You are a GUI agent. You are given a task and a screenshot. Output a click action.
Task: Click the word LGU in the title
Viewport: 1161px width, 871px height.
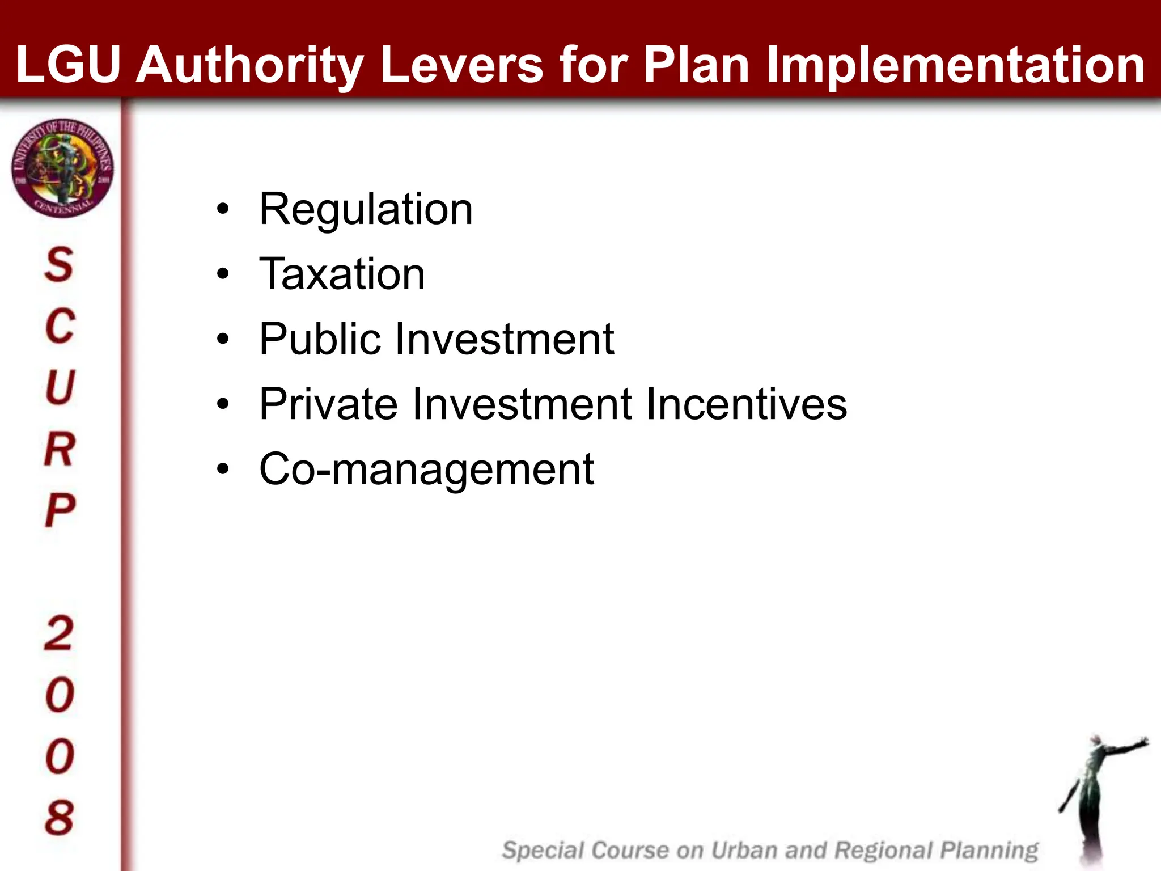(x=69, y=65)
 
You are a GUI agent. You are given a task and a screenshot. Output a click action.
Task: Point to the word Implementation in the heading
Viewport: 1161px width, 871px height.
(x=955, y=66)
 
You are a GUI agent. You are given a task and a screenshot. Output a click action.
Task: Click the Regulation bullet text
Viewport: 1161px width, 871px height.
(x=366, y=209)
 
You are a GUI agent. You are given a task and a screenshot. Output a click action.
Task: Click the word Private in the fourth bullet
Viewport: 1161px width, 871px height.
(x=329, y=404)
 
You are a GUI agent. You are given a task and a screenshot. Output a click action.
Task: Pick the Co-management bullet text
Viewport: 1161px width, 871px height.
(x=426, y=470)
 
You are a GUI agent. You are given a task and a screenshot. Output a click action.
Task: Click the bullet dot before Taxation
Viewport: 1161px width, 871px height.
(x=223, y=274)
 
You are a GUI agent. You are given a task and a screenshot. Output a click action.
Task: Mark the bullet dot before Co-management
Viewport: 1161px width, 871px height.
(x=223, y=470)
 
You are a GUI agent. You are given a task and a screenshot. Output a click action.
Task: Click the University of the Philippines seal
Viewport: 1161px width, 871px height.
(x=62, y=168)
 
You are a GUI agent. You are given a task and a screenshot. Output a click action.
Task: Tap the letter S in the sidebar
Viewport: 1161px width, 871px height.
(x=59, y=264)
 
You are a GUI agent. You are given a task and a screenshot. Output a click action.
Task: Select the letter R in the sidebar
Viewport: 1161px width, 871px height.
(x=59, y=449)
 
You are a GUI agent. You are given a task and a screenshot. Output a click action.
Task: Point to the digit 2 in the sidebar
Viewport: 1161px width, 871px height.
(x=59, y=633)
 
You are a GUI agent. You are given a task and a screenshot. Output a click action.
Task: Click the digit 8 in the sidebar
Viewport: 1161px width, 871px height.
(x=59, y=818)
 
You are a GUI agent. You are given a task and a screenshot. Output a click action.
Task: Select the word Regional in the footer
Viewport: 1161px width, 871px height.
(x=884, y=851)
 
